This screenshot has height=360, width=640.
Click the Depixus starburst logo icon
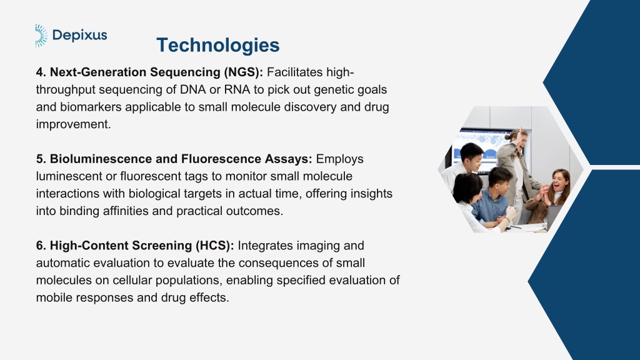coord(41,36)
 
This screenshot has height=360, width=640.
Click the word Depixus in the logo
coord(80,36)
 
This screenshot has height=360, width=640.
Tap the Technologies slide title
coord(218,45)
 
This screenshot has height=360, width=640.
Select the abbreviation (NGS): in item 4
coord(243,72)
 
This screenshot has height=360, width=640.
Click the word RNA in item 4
coord(237,89)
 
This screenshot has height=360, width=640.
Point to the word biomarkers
coord(91,107)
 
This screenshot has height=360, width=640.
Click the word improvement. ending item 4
coord(74,124)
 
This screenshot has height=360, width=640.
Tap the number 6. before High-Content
coord(41,246)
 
